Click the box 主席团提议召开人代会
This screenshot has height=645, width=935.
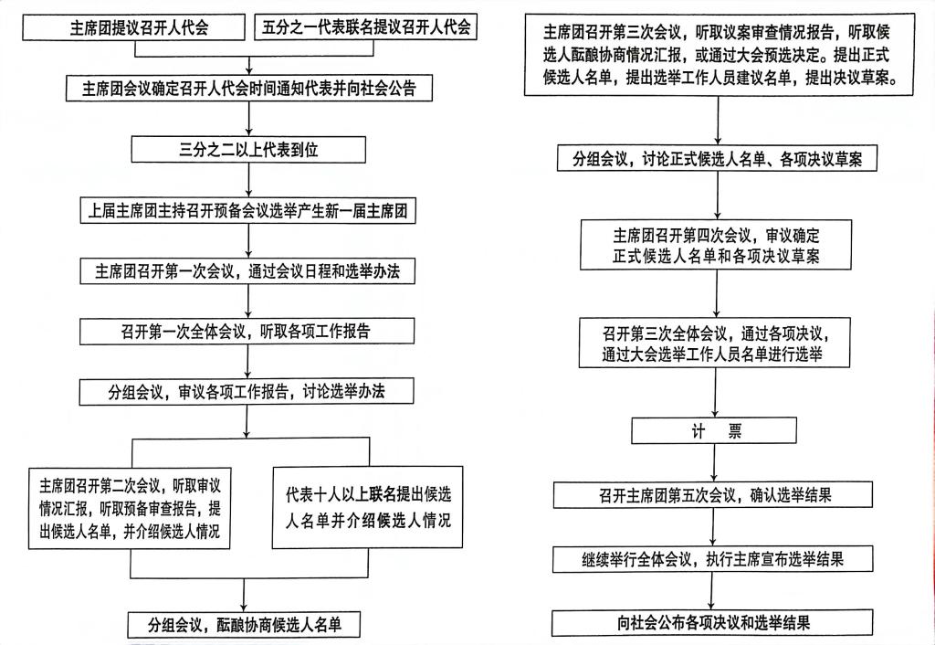(133, 27)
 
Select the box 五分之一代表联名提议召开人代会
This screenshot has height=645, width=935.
(365, 26)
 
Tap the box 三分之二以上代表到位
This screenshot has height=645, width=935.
(248, 150)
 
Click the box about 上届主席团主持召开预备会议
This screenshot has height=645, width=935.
(248, 211)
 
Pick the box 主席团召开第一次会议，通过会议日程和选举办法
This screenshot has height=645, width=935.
(247, 271)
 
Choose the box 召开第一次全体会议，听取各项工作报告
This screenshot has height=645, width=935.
(247, 331)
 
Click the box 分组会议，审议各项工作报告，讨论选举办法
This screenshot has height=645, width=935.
(247, 391)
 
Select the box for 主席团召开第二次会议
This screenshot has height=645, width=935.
(130, 508)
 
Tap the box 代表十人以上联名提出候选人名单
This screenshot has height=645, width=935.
(367, 507)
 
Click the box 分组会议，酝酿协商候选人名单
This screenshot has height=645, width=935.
(244, 625)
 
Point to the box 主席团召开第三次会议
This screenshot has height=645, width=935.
(720, 55)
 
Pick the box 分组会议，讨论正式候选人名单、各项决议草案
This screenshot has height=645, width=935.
(718, 158)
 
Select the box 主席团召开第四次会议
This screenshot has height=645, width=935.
(716, 245)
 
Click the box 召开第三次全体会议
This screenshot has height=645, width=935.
(714, 343)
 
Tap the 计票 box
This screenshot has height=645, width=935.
(714, 430)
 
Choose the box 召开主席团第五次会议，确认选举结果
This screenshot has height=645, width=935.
(713, 494)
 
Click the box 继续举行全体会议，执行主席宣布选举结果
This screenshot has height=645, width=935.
(713, 559)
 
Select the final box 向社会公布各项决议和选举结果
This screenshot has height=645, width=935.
(712, 623)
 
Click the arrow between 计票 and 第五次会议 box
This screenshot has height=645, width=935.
(714, 462)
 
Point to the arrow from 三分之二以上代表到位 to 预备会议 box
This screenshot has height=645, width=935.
(248, 181)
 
